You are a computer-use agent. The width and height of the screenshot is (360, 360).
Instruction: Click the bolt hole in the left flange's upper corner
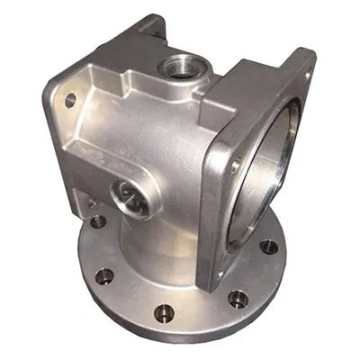pyautogui.click(x=69, y=101)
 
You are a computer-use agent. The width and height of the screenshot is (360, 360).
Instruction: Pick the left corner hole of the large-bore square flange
pyautogui.click(x=235, y=165)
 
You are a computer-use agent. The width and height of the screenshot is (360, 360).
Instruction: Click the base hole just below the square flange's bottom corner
pyautogui.click(x=237, y=298)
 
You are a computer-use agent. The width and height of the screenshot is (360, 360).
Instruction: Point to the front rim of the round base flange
pyautogui.click(x=180, y=337)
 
